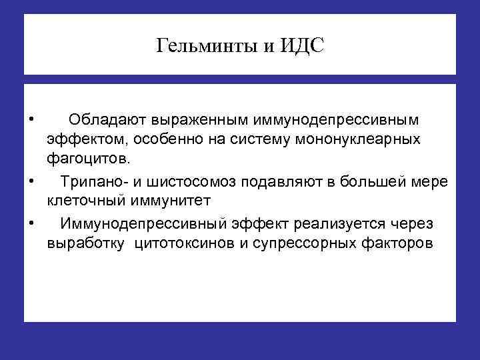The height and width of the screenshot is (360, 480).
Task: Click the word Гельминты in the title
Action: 200,47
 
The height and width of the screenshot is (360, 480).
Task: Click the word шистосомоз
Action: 195,181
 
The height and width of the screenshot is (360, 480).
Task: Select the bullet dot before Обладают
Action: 32,119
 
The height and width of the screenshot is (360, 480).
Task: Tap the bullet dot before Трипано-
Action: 32,181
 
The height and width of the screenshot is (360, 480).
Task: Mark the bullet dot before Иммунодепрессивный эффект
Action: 32,221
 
